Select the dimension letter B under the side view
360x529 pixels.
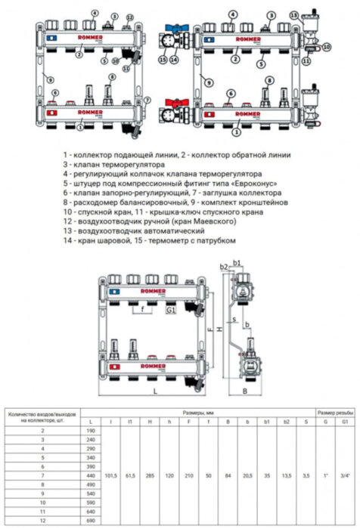245,391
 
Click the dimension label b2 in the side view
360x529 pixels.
223,267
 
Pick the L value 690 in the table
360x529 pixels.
92,521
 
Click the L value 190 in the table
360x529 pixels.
92,428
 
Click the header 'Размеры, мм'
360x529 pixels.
203,413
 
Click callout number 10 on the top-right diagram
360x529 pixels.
327,47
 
